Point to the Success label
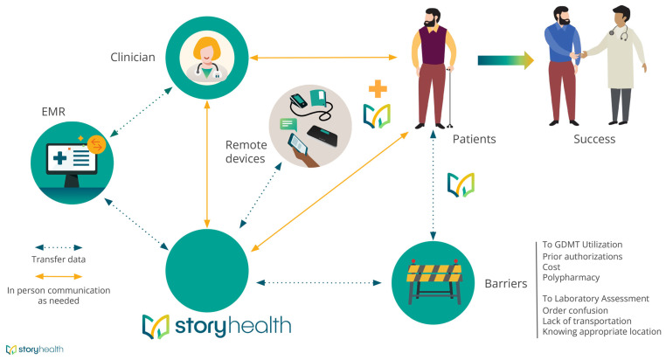click(593, 138)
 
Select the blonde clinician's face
click(206, 55)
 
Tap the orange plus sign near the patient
click(377, 89)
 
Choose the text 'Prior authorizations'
click(582, 256)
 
